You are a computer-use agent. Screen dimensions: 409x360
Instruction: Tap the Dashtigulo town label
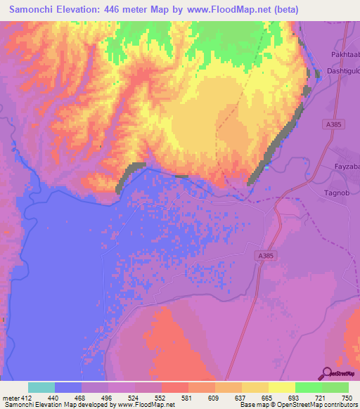click(x=342, y=72)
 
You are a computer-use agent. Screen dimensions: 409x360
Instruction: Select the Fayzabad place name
click(x=346, y=167)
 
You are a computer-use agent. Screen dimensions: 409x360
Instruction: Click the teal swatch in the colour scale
click(x=41, y=387)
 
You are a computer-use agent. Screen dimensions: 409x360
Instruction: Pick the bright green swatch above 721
click(x=309, y=387)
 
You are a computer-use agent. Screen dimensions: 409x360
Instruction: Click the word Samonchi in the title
click(x=34, y=10)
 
